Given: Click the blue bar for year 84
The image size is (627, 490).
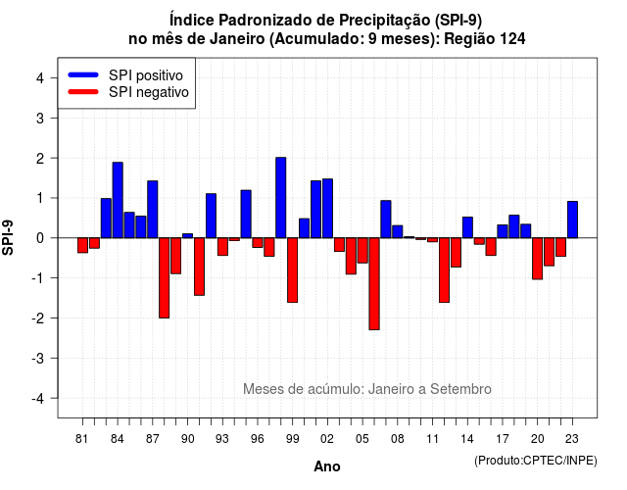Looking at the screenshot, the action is point(118,200).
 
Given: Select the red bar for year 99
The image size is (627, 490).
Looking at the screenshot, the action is point(292,270).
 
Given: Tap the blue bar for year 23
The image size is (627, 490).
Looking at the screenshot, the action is point(572,220).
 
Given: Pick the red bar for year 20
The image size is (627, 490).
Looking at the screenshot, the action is point(538,259).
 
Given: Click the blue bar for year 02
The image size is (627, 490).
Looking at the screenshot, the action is point(327,209).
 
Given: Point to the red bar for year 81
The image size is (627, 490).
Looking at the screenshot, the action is point(82,245).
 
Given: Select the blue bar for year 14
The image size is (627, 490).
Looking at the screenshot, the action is point(467,227).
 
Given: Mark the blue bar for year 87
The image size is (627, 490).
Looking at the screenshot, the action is point(153,209).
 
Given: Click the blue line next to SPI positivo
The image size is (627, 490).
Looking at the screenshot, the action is point(83,74).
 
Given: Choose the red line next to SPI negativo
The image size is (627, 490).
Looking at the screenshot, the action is point(83,92).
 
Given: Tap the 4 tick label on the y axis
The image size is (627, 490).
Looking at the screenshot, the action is point(40,78).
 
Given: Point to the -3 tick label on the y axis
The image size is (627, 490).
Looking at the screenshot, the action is point(38,358).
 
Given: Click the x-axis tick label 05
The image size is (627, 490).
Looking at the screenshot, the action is point(362,439).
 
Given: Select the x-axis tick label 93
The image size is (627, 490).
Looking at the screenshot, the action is point(222,439).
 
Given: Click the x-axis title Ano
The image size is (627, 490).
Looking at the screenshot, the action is point(327,466).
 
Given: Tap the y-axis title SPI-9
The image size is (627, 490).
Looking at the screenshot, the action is point(8,237).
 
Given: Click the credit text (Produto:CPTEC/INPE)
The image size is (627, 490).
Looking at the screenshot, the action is point(536,461).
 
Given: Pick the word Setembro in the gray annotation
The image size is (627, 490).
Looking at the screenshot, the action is point(460,389).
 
